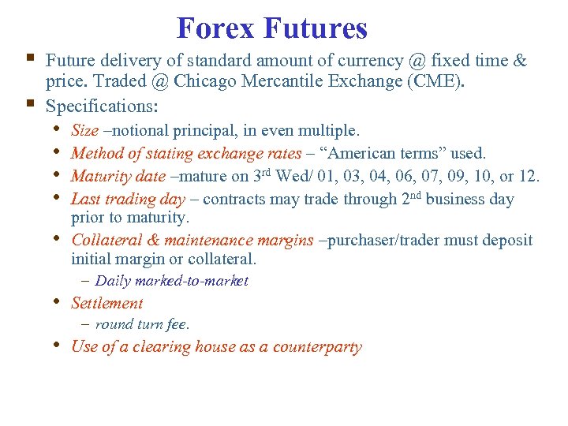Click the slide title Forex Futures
click(x=272, y=28)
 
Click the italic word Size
click(x=84, y=129)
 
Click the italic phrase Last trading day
click(x=128, y=200)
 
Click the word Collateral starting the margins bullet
click(x=106, y=240)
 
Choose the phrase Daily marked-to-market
click(x=171, y=281)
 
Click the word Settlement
click(x=107, y=303)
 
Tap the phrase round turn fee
click(x=142, y=324)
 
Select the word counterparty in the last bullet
click(x=317, y=347)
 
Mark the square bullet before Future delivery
click(x=30, y=58)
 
